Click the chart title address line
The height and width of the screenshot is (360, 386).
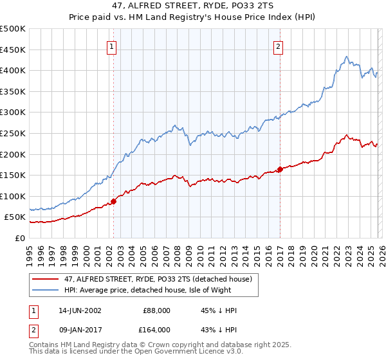pyautogui.click(x=192, y=6)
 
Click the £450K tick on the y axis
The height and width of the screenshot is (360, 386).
pyautogui.click(x=13, y=50)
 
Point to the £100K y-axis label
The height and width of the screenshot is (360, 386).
pyautogui.click(x=13, y=196)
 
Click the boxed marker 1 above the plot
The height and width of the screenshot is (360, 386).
pyautogui.click(x=112, y=46)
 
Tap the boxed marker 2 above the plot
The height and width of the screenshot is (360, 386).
pyautogui.click(x=279, y=46)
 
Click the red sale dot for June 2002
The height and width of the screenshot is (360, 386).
pyautogui.click(x=114, y=201)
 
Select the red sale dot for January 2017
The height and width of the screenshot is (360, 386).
pyautogui.click(x=280, y=170)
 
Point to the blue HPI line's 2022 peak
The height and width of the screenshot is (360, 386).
pyautogui.click(x=346, y=57)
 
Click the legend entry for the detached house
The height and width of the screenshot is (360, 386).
pyautogui.click(x=161, y=278)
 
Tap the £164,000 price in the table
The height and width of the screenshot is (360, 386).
pyautogui.click(x=157, y=330)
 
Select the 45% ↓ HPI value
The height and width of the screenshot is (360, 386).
pyautogui.click(x=219, y=310)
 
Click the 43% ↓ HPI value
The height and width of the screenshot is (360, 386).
pyautogui.click(x=219, y=330)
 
